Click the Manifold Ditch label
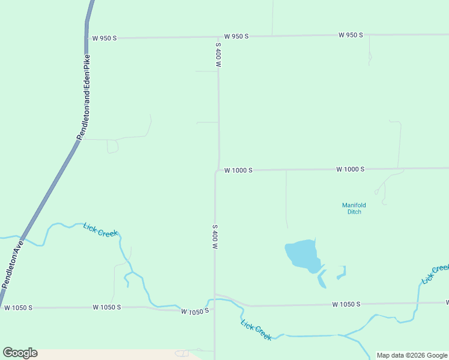pyautogui.click(x=354, y=208)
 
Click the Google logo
pyautogui.click(x=20, y=353)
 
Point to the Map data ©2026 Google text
pyautogui.click(x=412, y=355)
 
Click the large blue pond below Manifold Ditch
pyautogui.click(x=301, y=254)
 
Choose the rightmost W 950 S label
pyautogui.click(x=351, y=35)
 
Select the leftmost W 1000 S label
pyautogui.click(x=238, y=170)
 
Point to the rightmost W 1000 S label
pyautogui.click(x=351, y=169)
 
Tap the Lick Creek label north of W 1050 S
pyautogui.click(x=101, y=229)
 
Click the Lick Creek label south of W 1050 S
pyautogui.click(x=256, y=331)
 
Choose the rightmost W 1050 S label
pyautogui.click(x=346, y=304)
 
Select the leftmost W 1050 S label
pyautogui.click(x=17, y=308)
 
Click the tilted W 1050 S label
pyautogui.click(x=195, y=311)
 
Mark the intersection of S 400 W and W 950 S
pyautogui.click(x=218, y=37)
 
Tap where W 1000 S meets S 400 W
pyautogui.click(x=217, y=170)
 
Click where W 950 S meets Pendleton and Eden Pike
pyautogui.click(x=86, y=38)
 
